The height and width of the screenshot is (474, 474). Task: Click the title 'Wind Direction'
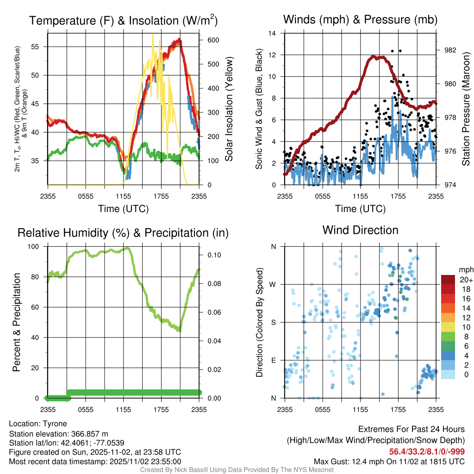coord(360,230)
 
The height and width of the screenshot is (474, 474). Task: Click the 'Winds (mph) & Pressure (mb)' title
coord(360,19)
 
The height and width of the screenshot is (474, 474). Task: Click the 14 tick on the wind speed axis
coord(272,33)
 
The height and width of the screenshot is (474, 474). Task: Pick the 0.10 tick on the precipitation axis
coord(213,255)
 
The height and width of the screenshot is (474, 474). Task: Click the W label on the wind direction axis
coord(274,284)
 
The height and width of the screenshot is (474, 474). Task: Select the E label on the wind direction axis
coord(274,360)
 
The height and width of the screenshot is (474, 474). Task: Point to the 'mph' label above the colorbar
coord(465,269)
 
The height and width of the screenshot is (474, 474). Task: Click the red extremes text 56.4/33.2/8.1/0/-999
coord(427,452)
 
